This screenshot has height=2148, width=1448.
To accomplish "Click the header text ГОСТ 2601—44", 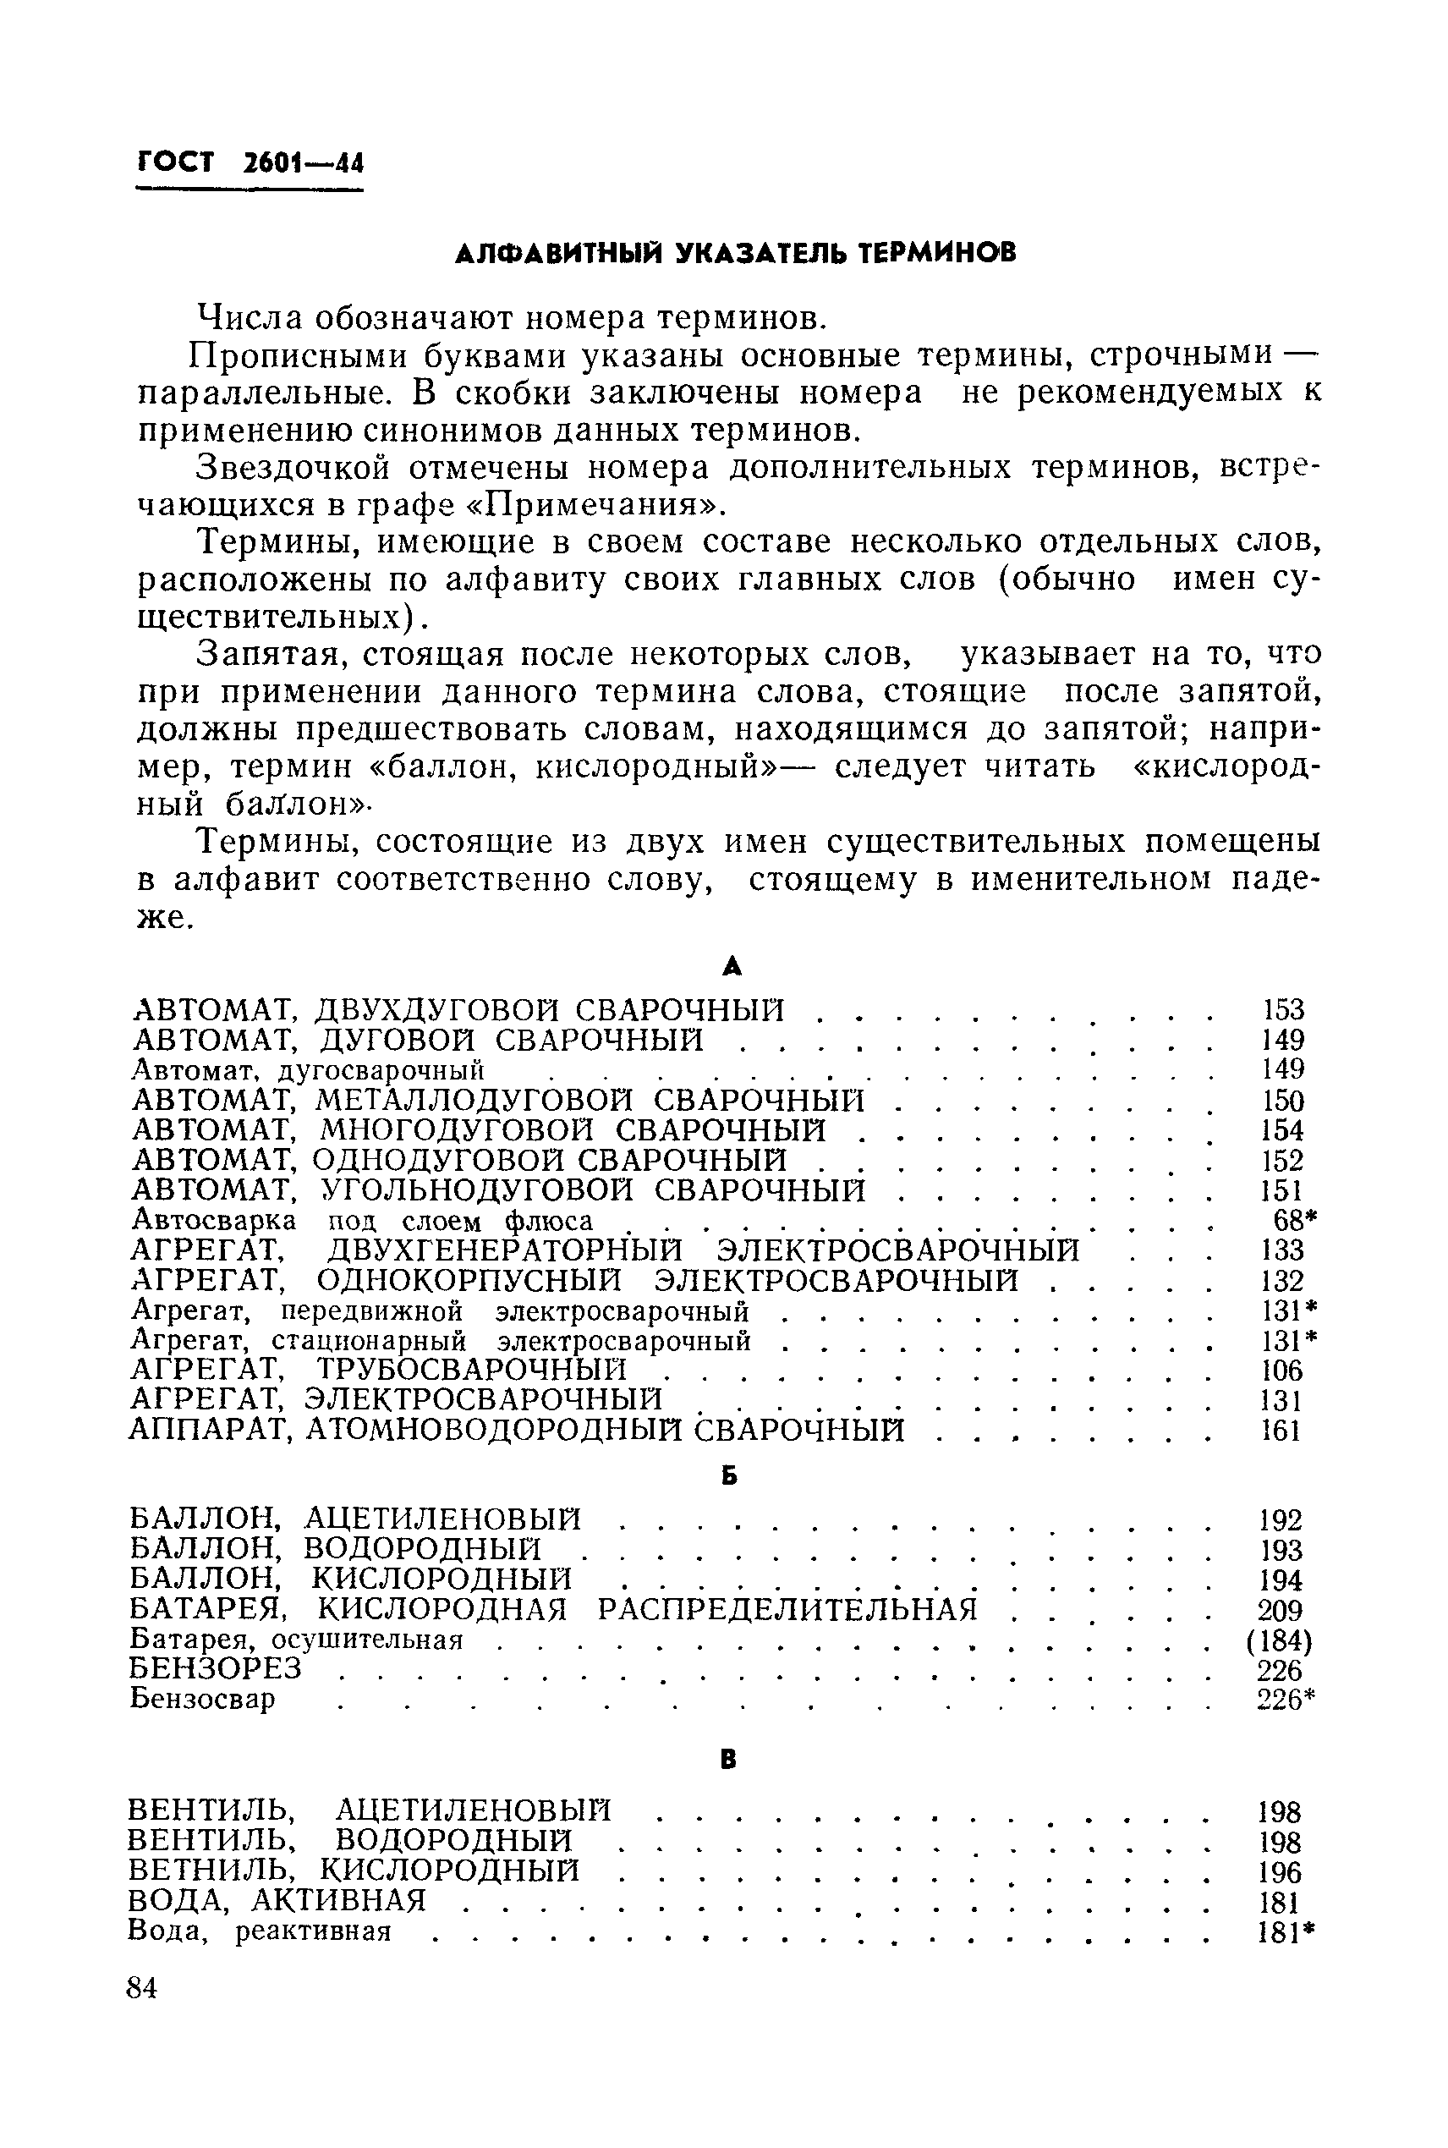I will [250, 163].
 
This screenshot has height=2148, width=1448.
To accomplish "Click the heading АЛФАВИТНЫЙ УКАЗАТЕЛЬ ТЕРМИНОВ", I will [735, 252].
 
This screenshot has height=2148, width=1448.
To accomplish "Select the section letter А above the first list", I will [732, 967].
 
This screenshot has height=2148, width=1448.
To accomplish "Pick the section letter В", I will [728, 1761].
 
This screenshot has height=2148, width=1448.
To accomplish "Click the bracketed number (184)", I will [1279, 1641].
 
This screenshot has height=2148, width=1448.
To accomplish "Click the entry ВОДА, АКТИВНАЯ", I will [276, 1900].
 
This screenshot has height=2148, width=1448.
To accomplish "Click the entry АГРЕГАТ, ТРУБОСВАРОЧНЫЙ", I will [380, 1369].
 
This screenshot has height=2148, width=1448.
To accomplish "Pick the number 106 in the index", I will [1281, 1370].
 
